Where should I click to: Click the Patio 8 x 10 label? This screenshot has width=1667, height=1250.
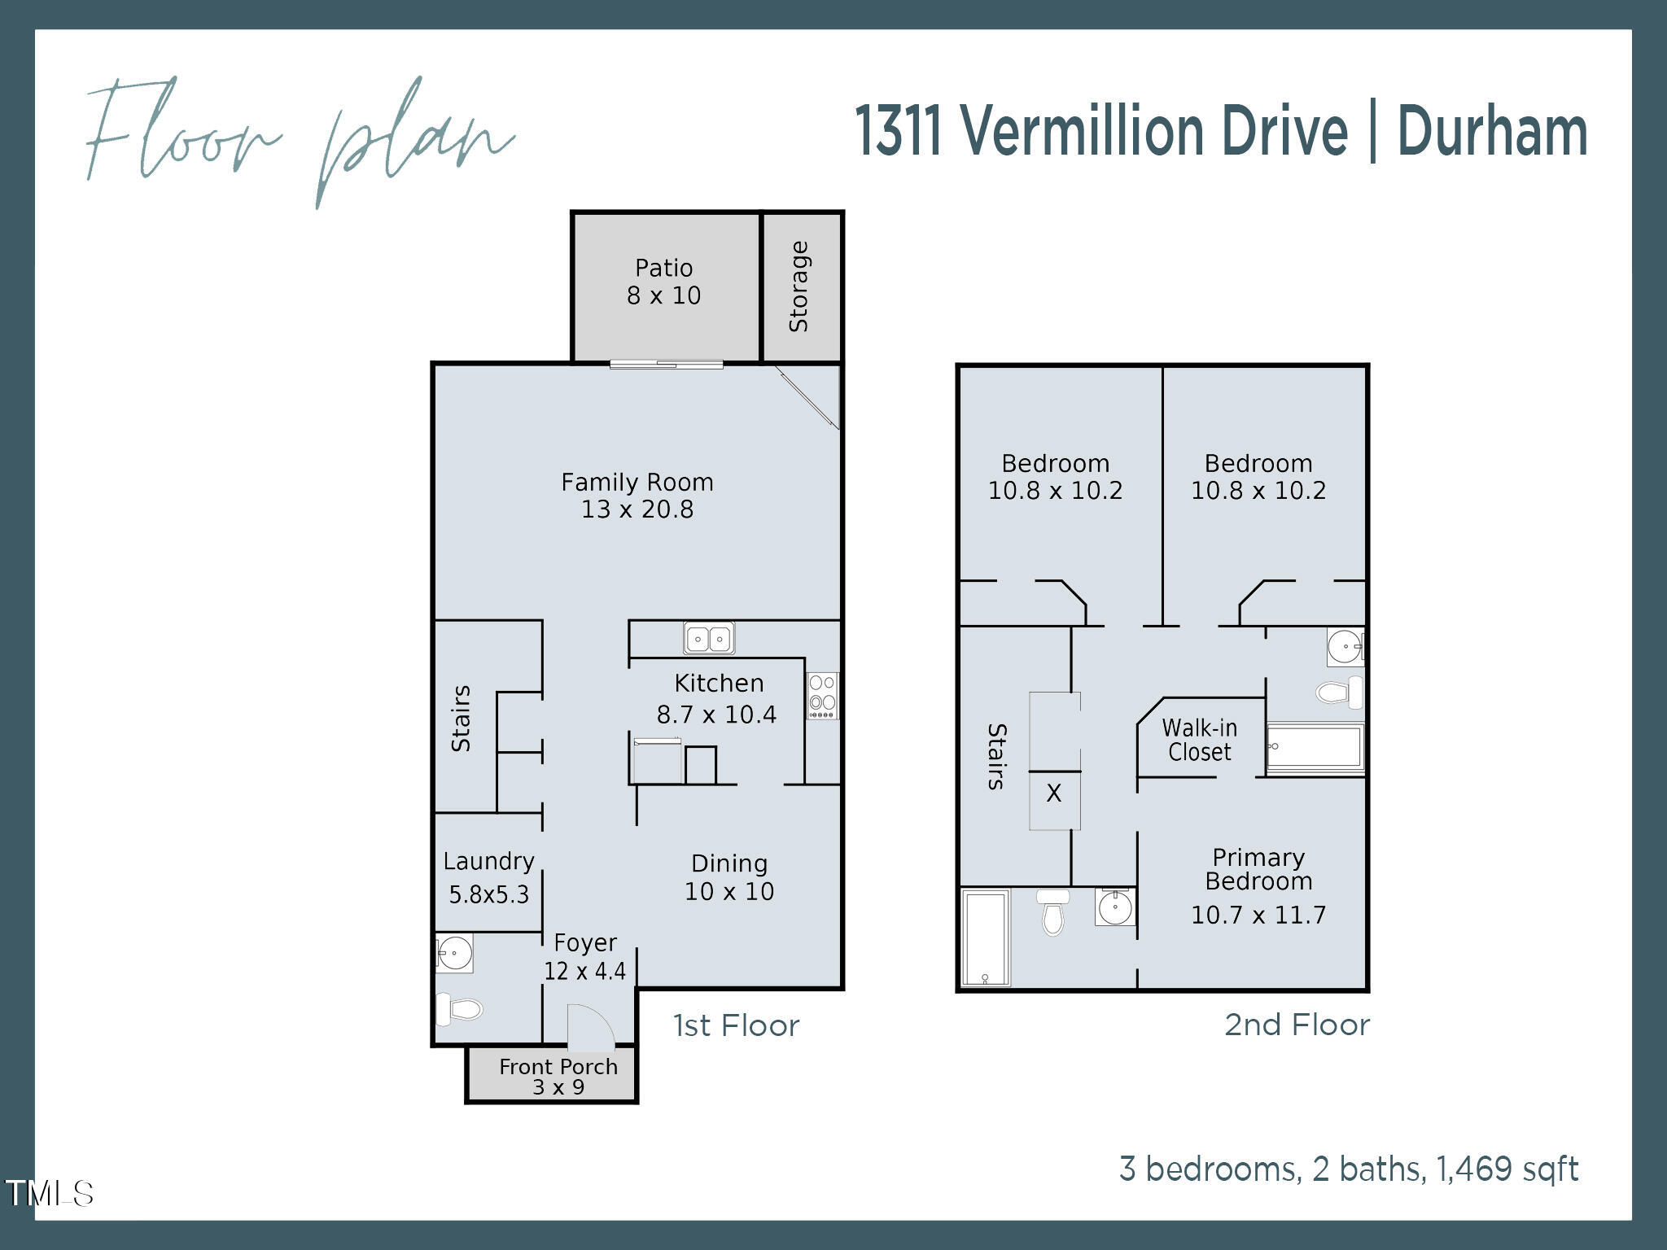click(x=663, y=282)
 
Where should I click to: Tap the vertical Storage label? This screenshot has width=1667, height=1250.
click(x=798, y=286)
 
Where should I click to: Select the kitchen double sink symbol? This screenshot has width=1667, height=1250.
click(x=709, y=638)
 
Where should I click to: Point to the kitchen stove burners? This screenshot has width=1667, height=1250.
click(x=822, y=695)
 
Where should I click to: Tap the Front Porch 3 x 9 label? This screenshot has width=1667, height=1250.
click(x=558, y=1076)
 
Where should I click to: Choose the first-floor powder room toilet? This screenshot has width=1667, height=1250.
click(x=458, y=1009)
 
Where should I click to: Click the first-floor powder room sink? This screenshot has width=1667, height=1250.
click(x=454, y=952)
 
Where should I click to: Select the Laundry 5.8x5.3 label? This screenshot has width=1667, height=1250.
click(x=488, y=878)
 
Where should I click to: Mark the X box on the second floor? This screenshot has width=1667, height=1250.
click(x=1054, y=793)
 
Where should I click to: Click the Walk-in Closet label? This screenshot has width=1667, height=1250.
click(x=1199, y=740)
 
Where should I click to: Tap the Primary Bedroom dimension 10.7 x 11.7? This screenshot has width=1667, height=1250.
click(x=1258, y=915)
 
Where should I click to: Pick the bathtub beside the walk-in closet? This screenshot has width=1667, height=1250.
click(x=1314, y=747)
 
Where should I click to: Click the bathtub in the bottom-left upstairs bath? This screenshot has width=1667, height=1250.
click(x=985, y=937)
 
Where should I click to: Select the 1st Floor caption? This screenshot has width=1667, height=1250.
click(x=736, y=1025)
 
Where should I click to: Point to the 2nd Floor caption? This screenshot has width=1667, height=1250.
click(x=1297, y=1025)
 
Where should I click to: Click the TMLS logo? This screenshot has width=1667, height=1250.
click(x=49, y=1193)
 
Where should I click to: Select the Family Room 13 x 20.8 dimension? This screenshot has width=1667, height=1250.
click(x=637, y=509)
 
